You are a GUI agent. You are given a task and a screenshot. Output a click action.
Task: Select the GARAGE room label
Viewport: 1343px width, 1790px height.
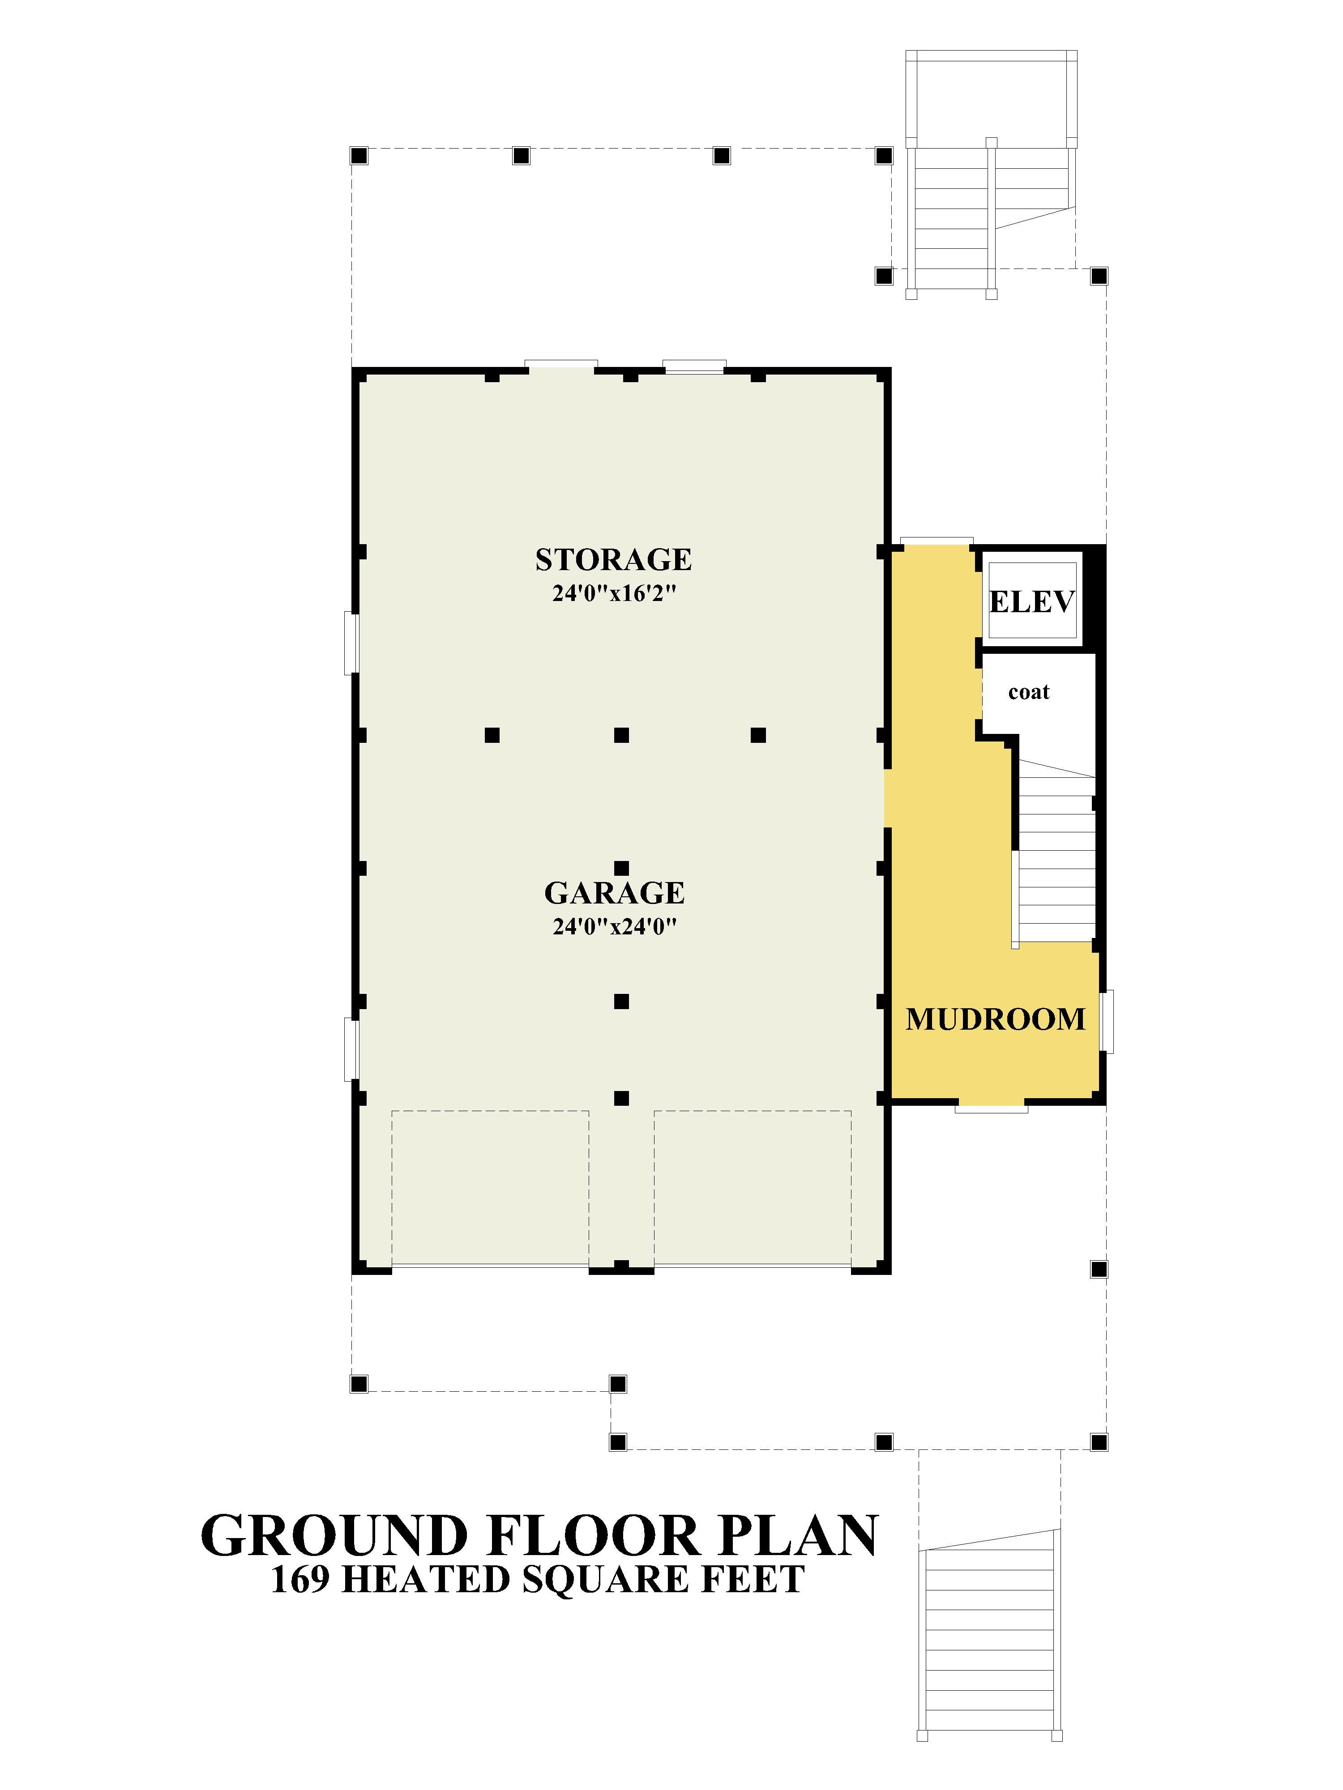[615, 893]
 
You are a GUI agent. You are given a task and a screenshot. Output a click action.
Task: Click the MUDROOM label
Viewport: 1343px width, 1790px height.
[995, 1019]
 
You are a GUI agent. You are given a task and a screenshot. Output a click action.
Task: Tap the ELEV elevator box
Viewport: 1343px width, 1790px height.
[1032, 601]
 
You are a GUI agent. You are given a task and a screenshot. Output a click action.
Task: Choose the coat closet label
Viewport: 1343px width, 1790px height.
[1029, 692]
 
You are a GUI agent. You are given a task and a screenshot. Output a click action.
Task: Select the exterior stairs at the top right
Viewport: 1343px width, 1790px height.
[991, 174]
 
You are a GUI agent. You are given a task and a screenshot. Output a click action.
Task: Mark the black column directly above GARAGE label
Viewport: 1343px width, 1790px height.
[621, 868]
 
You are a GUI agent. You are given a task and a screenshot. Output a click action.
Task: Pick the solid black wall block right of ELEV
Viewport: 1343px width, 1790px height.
[1095, 599]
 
